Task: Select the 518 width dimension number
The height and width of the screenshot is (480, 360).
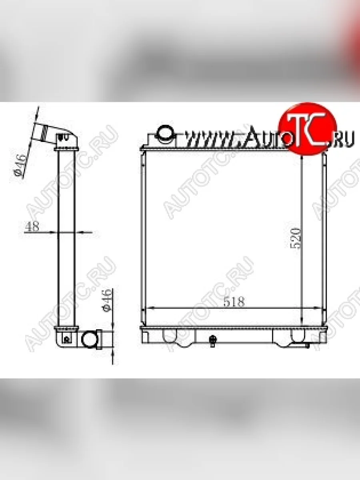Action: pos(234,302)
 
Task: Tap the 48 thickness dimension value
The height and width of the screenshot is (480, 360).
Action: pos(32,226)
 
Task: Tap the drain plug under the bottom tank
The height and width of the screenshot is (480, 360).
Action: pos(213,340)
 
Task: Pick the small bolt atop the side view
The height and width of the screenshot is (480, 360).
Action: pos(62,138)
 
